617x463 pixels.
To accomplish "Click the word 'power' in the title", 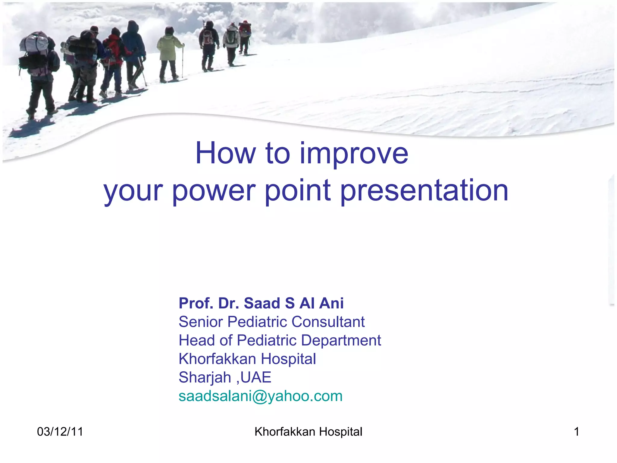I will [214, 191].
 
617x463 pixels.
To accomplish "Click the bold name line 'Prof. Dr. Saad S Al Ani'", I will [261, 303].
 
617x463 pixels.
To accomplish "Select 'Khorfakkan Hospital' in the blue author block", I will [247, 359].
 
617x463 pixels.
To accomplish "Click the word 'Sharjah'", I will [205, 378].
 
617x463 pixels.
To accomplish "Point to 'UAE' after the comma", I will [256, 377].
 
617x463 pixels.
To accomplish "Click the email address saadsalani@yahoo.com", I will [261, 396].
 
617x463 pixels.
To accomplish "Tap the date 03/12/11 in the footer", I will [60, 432].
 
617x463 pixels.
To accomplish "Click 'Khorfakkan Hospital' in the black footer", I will [308, 432].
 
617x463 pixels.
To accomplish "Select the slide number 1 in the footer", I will [576, 432].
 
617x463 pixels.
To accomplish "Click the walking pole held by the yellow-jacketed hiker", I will [182, 62].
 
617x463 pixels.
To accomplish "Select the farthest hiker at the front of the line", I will [245, 35].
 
